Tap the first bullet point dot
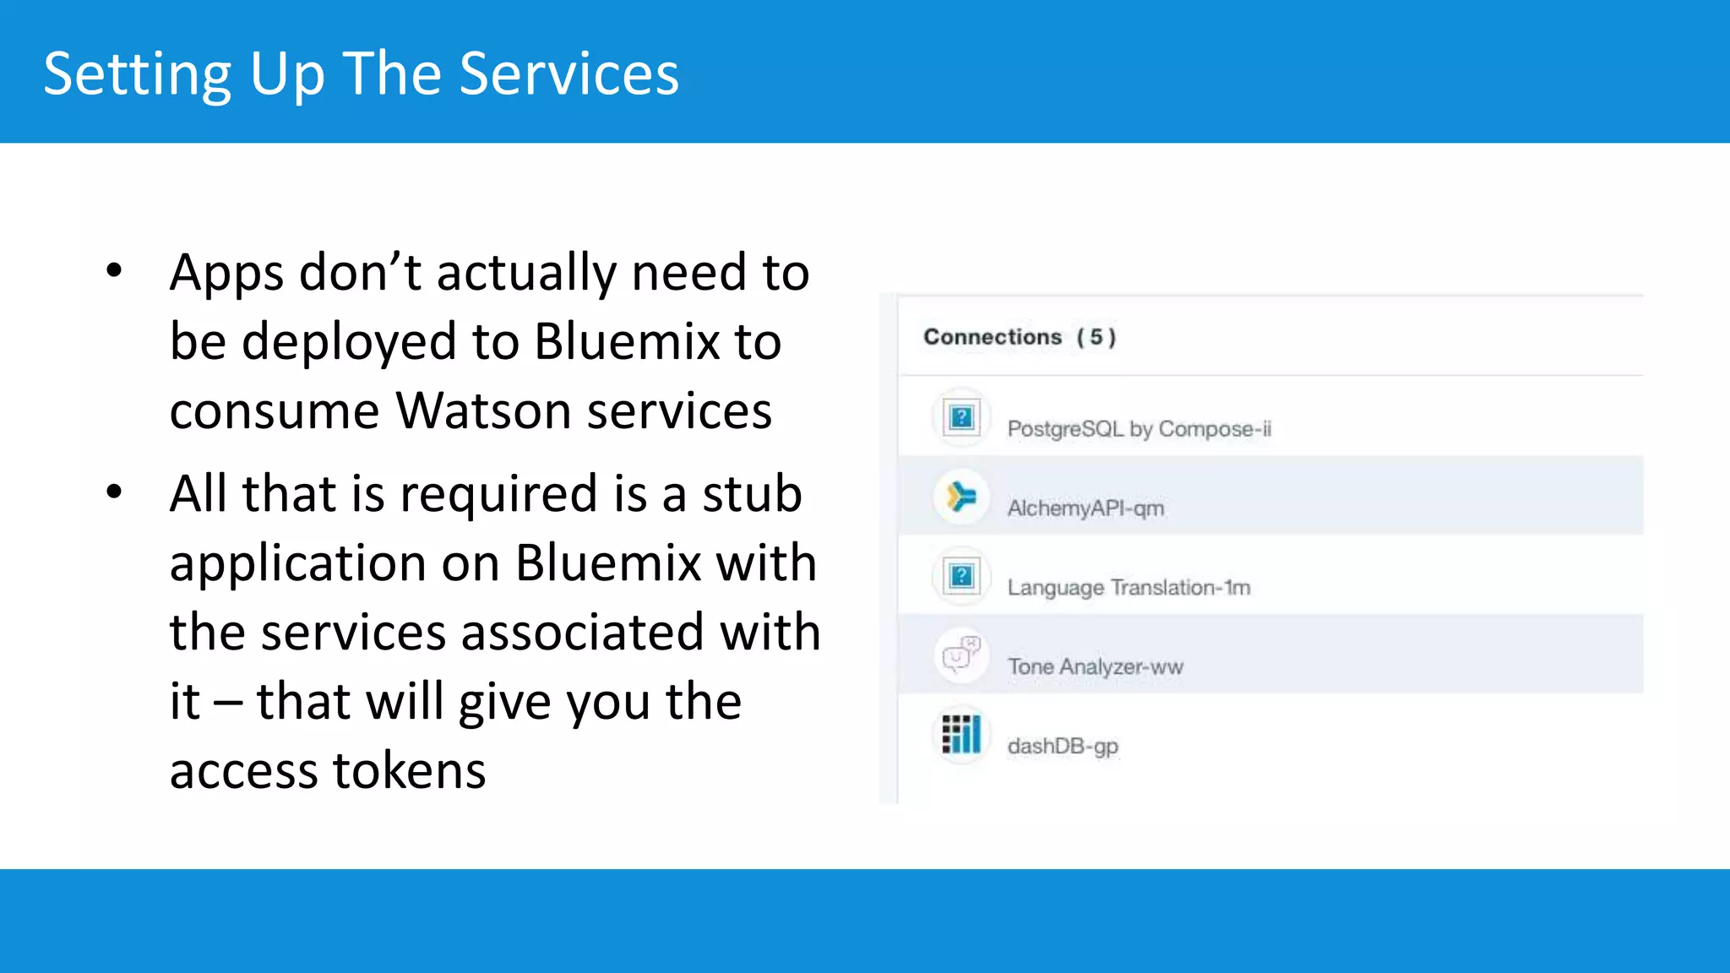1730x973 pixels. (114, 271)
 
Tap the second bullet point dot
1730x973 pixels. (114, 492)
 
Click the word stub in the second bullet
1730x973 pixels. (752, 493)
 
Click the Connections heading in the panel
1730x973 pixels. (993, 337)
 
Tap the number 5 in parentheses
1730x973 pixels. (1096, 337)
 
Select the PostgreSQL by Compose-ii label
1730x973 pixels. (1139, 429)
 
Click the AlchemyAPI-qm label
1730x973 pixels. (1085, 508)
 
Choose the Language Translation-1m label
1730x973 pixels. (1129, 588)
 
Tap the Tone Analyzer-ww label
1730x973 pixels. (1095, 667)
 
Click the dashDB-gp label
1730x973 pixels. (1063, 747)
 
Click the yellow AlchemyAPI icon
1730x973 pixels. (961, 497)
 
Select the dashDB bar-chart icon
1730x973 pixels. (961, 734)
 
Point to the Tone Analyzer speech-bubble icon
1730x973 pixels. (961, 655)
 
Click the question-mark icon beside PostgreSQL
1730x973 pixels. (961, 417)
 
